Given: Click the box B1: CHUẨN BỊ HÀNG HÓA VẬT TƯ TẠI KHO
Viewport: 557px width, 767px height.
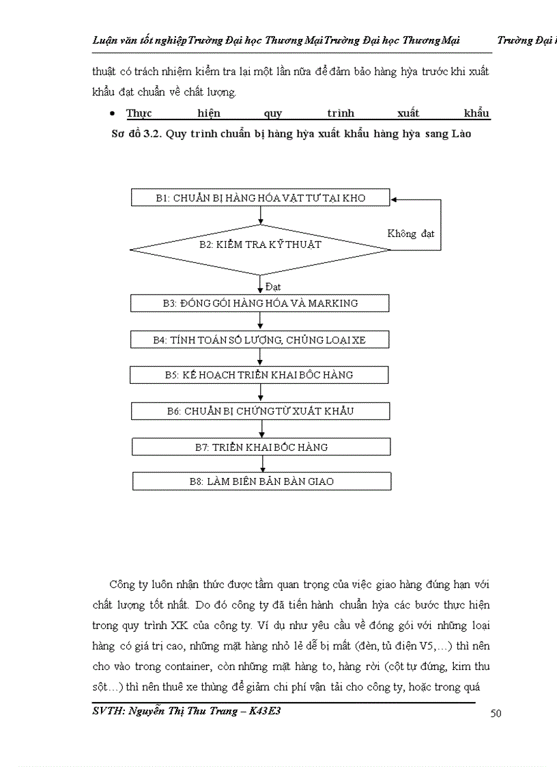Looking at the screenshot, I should pyautogui.click(x=260, y=198).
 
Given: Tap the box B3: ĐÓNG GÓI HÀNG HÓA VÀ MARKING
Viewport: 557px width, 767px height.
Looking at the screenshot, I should pyautogui.click(x=260, y=303).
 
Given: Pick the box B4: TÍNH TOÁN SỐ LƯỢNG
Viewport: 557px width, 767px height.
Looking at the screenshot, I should pyautogui.click(x=260, y=339).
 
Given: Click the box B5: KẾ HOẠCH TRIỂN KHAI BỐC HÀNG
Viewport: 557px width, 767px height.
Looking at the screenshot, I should pyautogui.click(x=260, y=375).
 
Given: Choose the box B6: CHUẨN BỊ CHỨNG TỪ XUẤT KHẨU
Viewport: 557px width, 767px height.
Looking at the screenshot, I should pyautogui.click(x=260, y=411).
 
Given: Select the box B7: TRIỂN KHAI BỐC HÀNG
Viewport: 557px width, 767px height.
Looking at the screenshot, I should pyautogui.click(x=261, y=447).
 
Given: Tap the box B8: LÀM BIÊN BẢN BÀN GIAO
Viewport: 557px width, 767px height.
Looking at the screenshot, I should pyautogui.click(x=261, y=482).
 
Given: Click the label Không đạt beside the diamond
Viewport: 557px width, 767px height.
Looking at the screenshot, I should pyautogui.click(x=411, y=234).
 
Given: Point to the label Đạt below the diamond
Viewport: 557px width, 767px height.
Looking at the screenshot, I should pyautogui.click(x=272, y=287).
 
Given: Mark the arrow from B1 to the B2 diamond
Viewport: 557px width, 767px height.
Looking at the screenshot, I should pyautogui.click(x=261, y=215).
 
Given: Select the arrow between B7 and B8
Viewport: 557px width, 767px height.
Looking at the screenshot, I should pyautogui.click(x=263, y=464).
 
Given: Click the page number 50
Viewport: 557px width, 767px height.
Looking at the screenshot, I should pyautogui.click(x=496, y=714).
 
